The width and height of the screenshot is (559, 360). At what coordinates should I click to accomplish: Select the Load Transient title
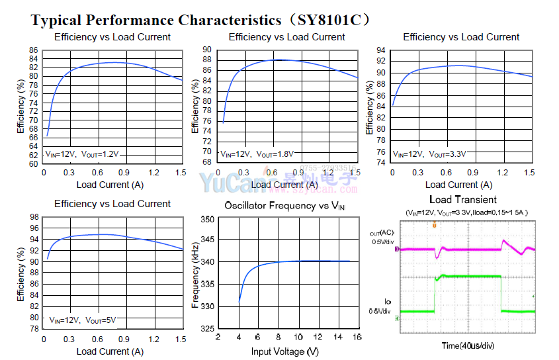coord(463,199)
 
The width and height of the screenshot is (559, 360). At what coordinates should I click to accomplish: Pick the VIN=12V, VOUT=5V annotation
coord(83,320)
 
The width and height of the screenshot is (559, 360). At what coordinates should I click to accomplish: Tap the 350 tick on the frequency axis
coord(207,219)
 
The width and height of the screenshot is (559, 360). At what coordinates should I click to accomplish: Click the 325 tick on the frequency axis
coord(207,329)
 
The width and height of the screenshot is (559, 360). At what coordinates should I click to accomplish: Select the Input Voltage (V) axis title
coord(284,351)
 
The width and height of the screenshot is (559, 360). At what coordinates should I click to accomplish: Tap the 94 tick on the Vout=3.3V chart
coord(381,50)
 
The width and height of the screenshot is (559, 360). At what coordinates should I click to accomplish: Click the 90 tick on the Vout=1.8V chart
coord(207,50)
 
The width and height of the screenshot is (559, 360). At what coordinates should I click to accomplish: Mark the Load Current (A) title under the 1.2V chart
coord(110,185)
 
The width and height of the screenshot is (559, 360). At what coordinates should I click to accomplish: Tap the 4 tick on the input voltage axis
coord(239,337)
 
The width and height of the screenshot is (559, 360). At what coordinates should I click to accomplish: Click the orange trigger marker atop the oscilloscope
coord(435,226)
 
